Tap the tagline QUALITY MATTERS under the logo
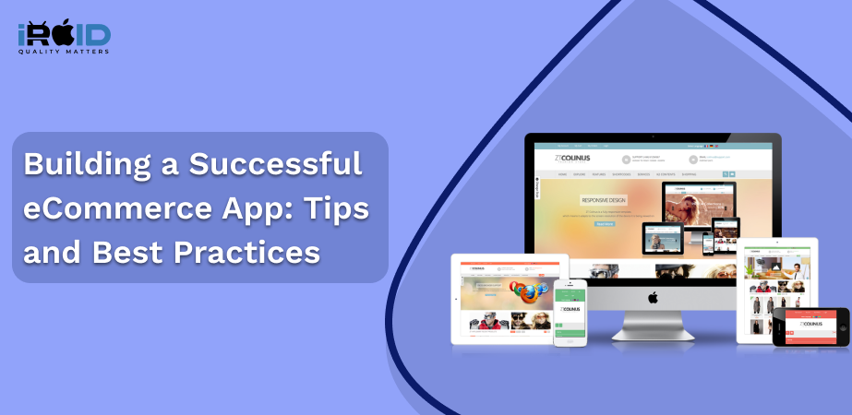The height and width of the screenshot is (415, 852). tap(64, 52)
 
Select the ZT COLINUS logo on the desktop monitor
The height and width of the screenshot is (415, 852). tap(571, 159)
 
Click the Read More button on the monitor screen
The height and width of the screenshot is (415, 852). tap(605, 223)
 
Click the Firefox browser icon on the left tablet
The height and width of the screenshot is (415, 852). tap(528, 292)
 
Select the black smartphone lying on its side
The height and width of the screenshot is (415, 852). tap(810, 327)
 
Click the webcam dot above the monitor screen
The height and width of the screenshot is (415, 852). tap(653, 139)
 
